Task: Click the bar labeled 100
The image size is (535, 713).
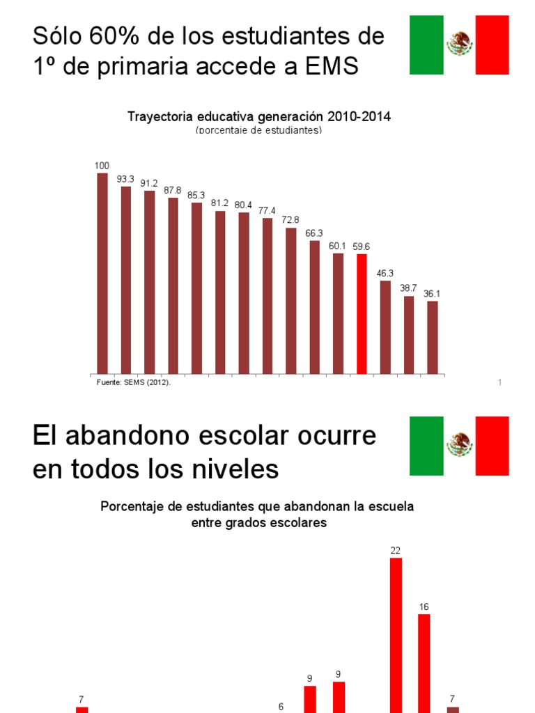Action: coord(102,273)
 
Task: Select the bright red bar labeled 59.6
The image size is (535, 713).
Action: coord(362,313)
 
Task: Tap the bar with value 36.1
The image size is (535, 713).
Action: coord(433,337)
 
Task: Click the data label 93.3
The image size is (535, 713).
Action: coord(125,179)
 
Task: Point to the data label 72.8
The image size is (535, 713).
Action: coord(290,220)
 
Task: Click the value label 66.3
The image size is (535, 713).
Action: coord(314,233)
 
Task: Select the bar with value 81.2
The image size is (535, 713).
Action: coord(220,292)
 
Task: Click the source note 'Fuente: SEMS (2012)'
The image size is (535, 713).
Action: coord(133,382)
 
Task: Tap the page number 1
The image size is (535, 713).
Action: coord(500,382)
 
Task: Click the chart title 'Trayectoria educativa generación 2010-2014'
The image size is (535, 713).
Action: coord(259,117)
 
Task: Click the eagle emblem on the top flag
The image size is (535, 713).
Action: coord(460,45)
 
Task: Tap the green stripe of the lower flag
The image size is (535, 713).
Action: coord(426,446)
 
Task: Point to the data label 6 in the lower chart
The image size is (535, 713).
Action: coord(281,706)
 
